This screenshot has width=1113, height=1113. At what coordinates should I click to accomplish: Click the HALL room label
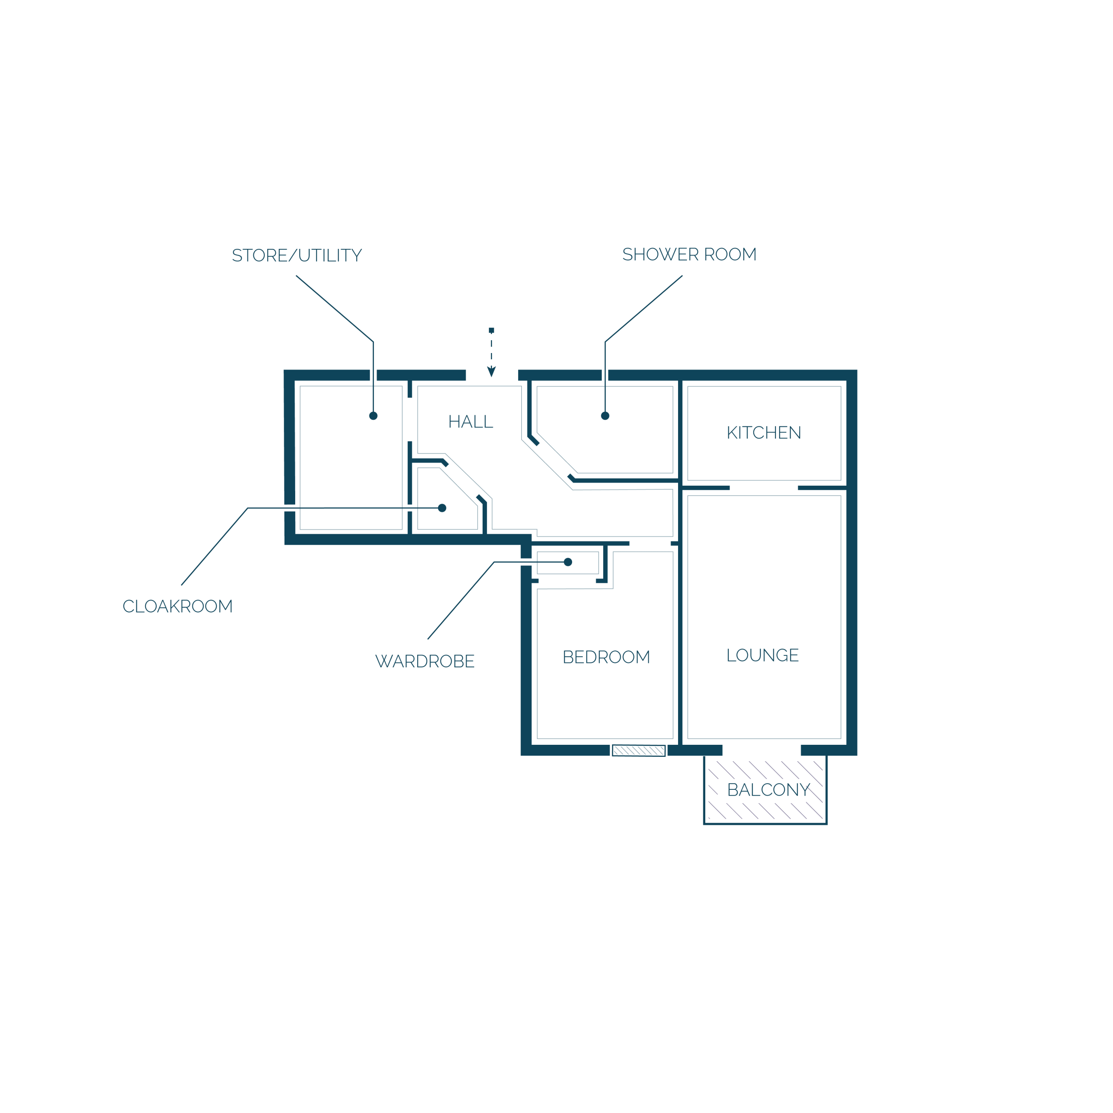tap(471, 422)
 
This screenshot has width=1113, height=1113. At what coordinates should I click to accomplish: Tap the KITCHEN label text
tap(764, 433)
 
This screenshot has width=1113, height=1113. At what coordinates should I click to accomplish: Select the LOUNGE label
tap(763, 655)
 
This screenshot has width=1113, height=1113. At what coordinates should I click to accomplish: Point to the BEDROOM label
tap(606, 657)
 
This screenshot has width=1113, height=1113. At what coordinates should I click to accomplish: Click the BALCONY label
tap(768, 790)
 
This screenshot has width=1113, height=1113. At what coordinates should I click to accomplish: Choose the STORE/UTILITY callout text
tap(297, 255)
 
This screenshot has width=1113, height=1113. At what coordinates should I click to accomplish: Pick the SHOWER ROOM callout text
tap(690, 254)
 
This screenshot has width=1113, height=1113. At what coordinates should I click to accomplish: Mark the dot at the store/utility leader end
tap(374, 416)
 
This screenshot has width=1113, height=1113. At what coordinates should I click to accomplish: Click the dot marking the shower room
tap(605, 416)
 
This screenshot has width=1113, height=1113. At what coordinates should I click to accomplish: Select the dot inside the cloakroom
tap(442, 508)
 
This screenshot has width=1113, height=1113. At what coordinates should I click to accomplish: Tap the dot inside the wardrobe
tap(568, 562)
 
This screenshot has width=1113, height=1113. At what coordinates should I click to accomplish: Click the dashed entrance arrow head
tap(492, 372)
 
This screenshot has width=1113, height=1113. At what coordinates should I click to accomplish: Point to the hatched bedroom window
tap(639, 750)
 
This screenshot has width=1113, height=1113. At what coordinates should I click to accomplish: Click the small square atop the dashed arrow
tap(492, 330)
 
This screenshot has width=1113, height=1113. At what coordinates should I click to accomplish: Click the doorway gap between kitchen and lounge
tap(764, 488)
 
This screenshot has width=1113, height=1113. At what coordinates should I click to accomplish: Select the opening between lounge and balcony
tap(762, 750)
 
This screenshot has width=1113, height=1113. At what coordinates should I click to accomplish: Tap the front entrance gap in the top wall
tap(492, 375)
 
